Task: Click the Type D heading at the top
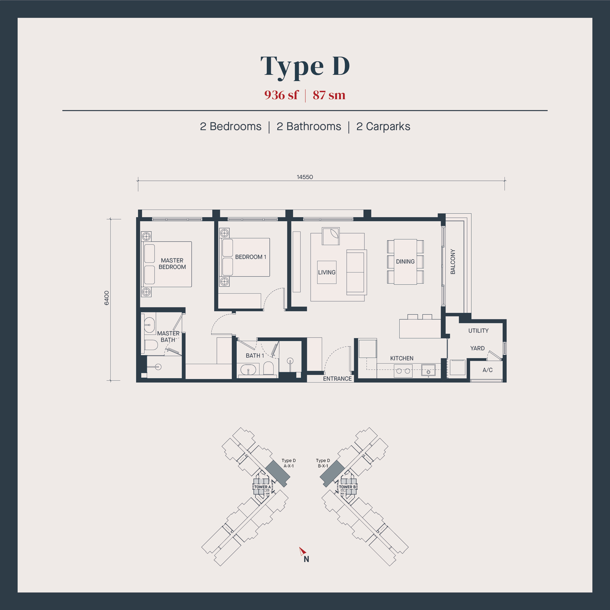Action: [x=305, y=67]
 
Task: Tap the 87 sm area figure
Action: [x=329, y=95]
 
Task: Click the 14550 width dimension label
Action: [x=305, y=177]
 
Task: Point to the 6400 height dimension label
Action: [x=107, y=298]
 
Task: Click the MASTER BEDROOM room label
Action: [x=172, y=264]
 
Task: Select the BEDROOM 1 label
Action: [x=251, y=257]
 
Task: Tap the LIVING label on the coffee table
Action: [x=327, y=272]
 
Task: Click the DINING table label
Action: [x=405, y=261]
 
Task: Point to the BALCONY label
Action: [x=453, y=261]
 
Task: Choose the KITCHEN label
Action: [x=402, y=358]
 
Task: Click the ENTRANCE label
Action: [x=337, y=378]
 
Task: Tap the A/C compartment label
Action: [x=487, y=370]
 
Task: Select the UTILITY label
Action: [x=478, y=330]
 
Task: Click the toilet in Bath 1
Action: [x=268, y=368]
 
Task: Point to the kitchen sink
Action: [x=428, y=370]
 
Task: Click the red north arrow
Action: [x=303, y=551]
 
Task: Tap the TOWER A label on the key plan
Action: [x=262, y=487]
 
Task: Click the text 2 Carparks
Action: [x=383, y=126]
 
